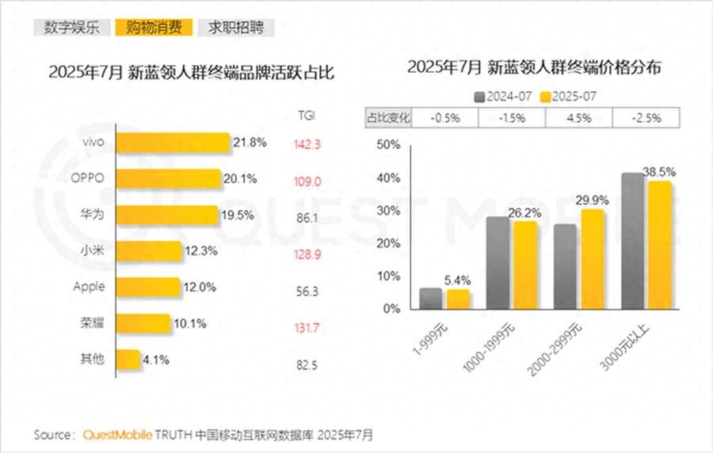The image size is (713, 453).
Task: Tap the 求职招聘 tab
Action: [x=236, y=27]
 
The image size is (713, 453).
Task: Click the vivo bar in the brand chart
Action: [x=173, y=143]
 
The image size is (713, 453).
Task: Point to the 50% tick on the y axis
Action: [x=388, y=145]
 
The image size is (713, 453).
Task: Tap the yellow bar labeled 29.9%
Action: [x=593, y=259]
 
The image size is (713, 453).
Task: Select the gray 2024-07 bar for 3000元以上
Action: [x=633, y=241]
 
